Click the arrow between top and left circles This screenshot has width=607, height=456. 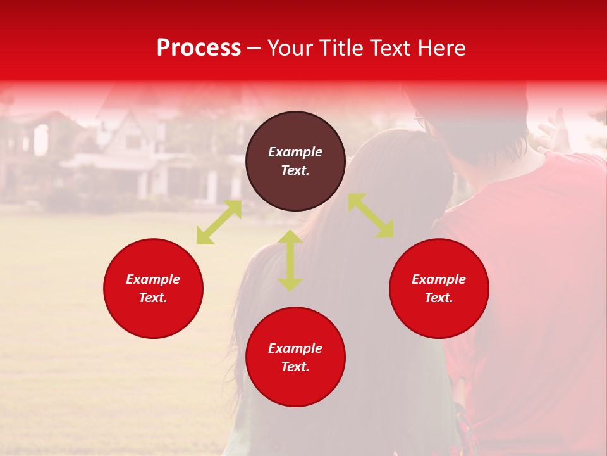point(219,222)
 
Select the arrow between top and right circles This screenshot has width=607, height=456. point(371,215)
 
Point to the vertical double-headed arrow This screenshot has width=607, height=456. point(290,260)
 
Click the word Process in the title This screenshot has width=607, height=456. point(199,48)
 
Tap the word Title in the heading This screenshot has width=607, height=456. point(341,48)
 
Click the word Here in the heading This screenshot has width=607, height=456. point(442,48)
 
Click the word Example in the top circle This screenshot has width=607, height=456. point(295,152)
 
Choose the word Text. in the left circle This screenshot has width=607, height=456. point(153,298)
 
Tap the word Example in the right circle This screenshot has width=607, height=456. point(439,279)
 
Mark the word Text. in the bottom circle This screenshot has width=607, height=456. point(295,367)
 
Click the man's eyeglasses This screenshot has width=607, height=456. point(420,118)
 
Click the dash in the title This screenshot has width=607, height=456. point(254,49)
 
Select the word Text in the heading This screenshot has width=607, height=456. point(391,48)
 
